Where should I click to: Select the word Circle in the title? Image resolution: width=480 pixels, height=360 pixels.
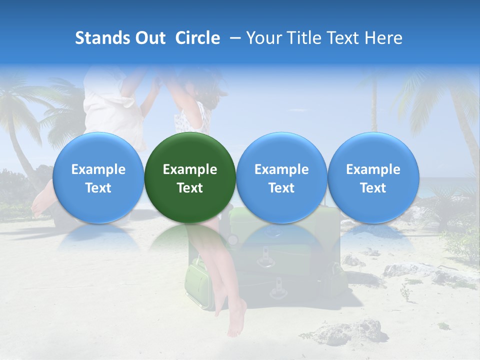click(x=197, y=38)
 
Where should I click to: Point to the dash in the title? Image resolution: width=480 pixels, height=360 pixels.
click(x=233, y=38)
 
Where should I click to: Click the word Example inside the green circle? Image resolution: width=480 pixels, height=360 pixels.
click(x=190, y=169)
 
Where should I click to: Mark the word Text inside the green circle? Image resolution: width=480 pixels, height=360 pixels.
click(x=190, y=188)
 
